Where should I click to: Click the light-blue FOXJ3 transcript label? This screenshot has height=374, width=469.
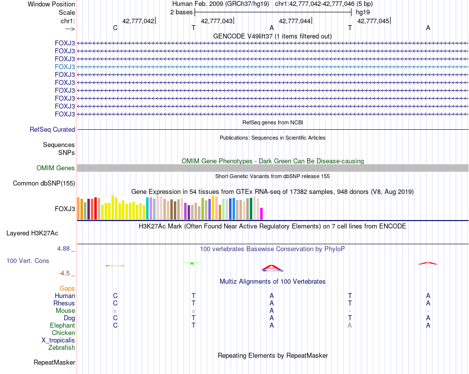coord(65,67)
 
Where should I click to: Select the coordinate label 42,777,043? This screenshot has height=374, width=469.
coord(217,21)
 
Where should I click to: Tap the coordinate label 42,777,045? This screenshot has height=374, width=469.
coord(373,21)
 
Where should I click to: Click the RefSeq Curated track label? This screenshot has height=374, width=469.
coord(52,130)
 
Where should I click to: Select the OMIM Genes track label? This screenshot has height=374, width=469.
coord(56,168)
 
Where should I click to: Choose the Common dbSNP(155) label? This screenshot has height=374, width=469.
coord(43,184)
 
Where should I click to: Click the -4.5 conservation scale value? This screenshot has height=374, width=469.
coord(65,273)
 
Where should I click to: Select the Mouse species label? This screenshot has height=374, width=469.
coord(65,311)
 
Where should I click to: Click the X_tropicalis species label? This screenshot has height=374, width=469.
coord(58,340)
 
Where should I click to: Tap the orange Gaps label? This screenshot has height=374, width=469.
coord(67,288)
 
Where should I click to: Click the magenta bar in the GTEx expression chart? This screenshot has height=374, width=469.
coord(262,214)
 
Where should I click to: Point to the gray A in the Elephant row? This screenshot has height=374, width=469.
coord(350,326)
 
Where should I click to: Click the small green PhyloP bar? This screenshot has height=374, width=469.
coord(192,263)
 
